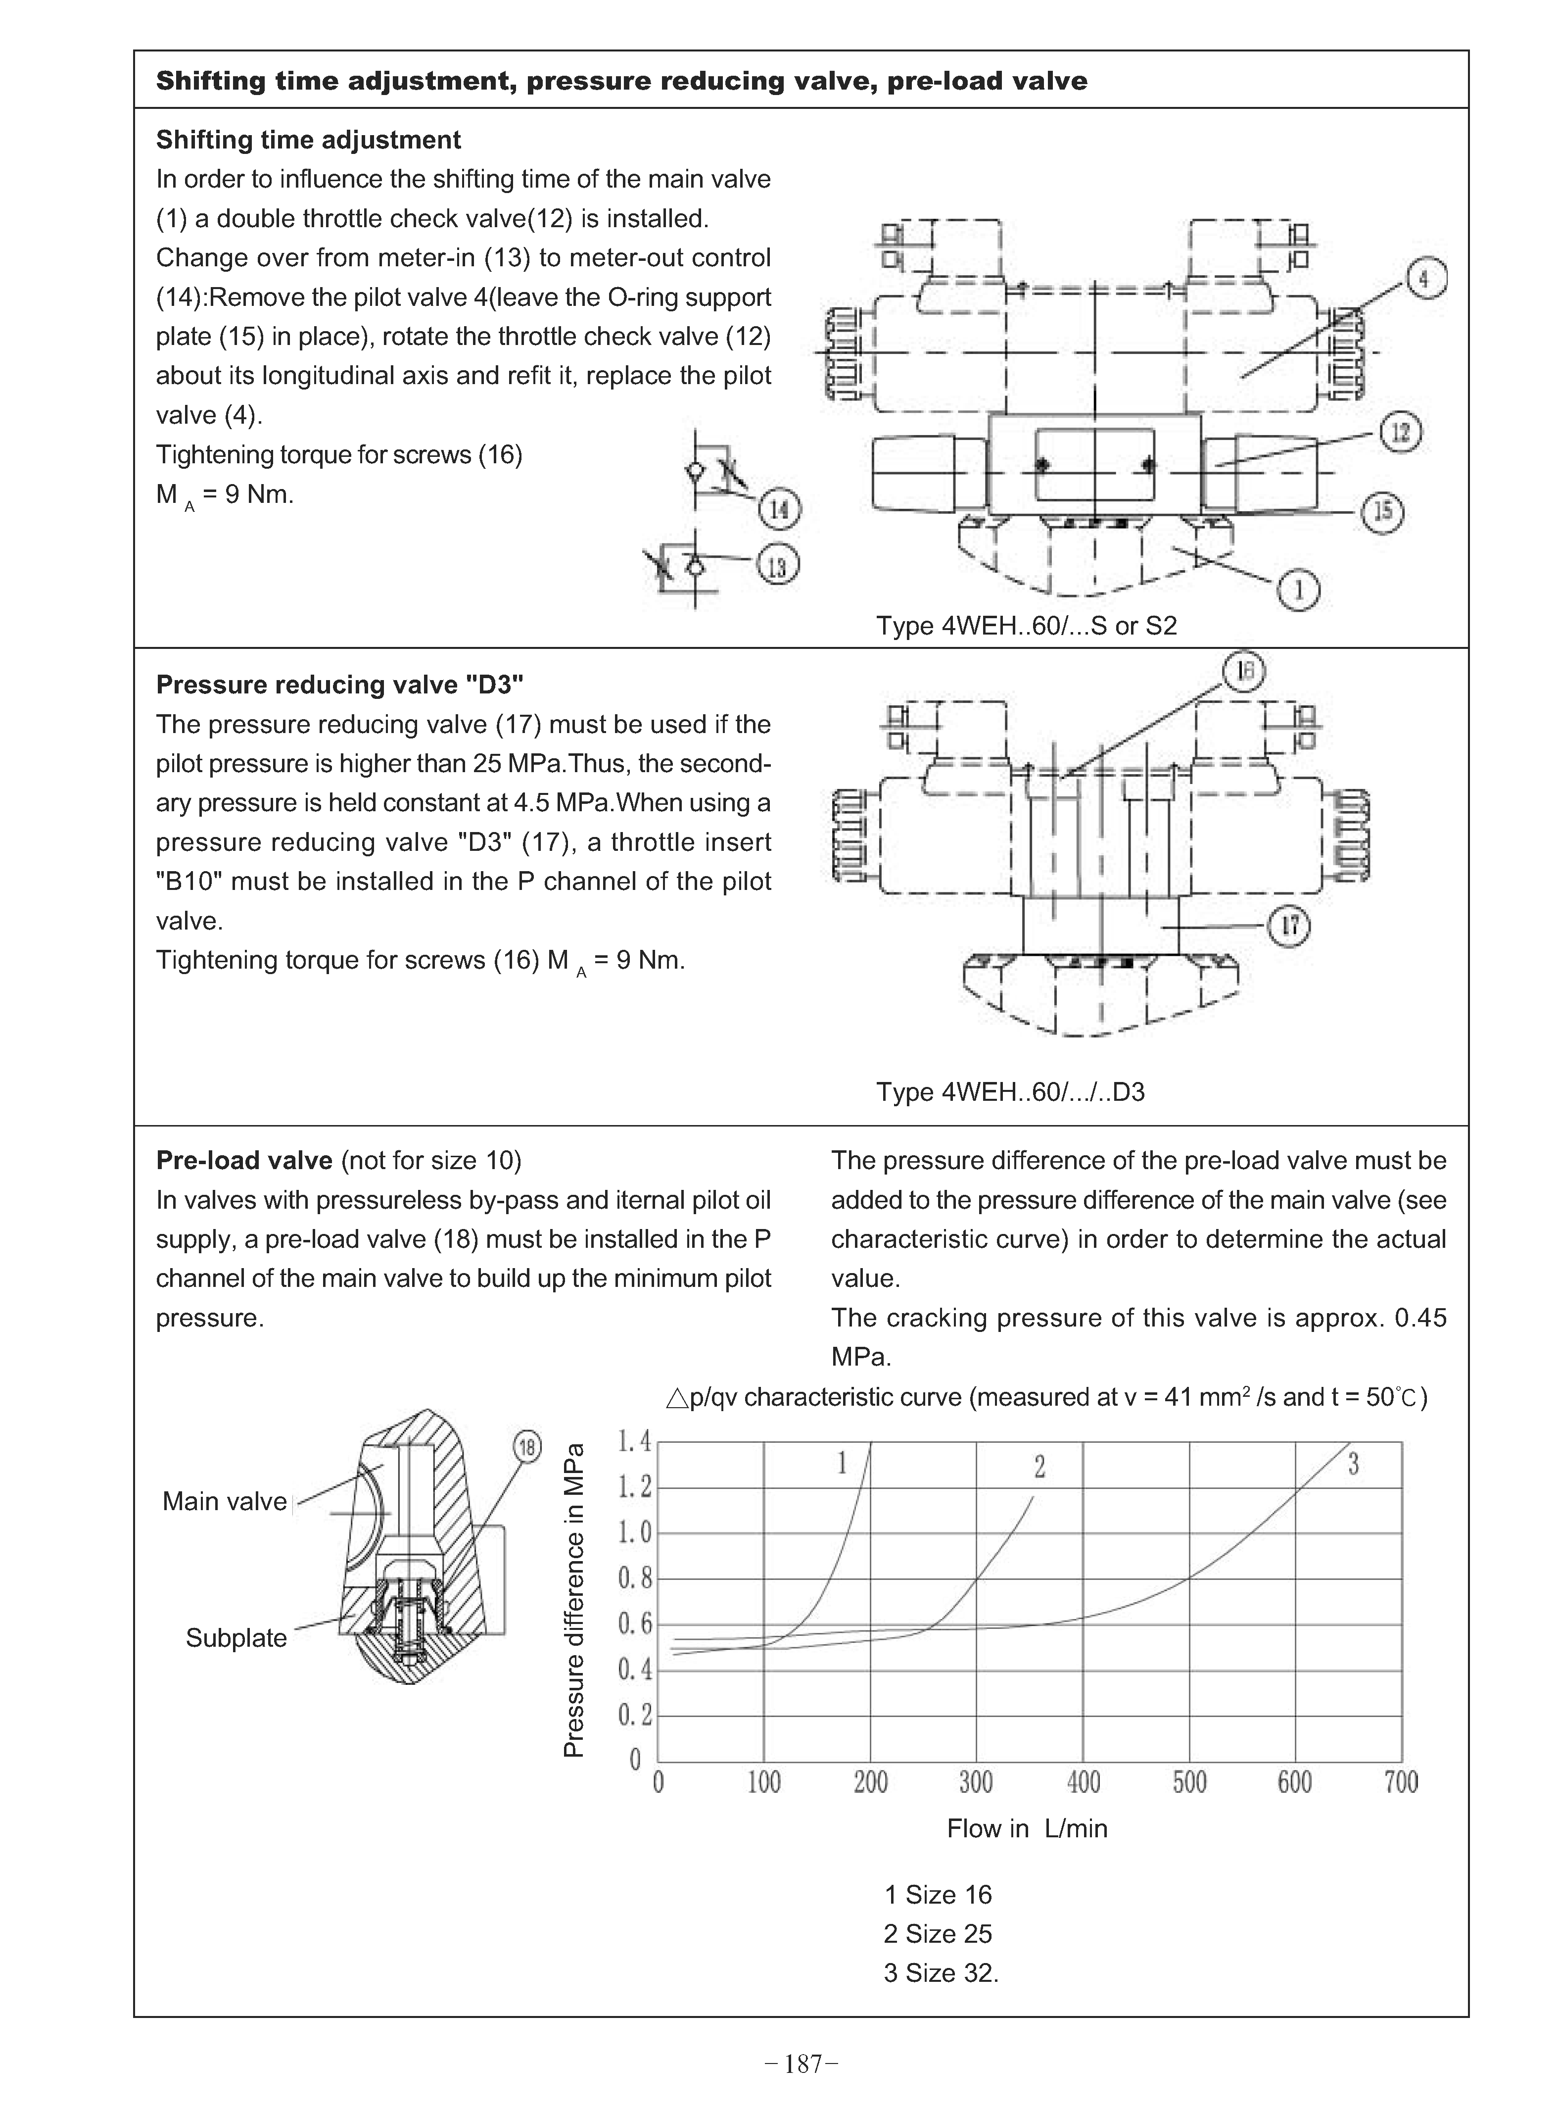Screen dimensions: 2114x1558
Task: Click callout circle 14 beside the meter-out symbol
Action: tap(779, 510)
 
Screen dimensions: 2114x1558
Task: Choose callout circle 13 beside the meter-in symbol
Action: tap(777, 567)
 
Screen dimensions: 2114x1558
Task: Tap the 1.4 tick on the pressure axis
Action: tap(634, 1441)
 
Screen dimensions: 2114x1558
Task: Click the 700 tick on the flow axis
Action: tap(1402, 1782)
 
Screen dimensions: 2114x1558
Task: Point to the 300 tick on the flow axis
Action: tap(976, 1782)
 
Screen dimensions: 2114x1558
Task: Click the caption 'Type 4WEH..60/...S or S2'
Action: tap(1026, 626)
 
